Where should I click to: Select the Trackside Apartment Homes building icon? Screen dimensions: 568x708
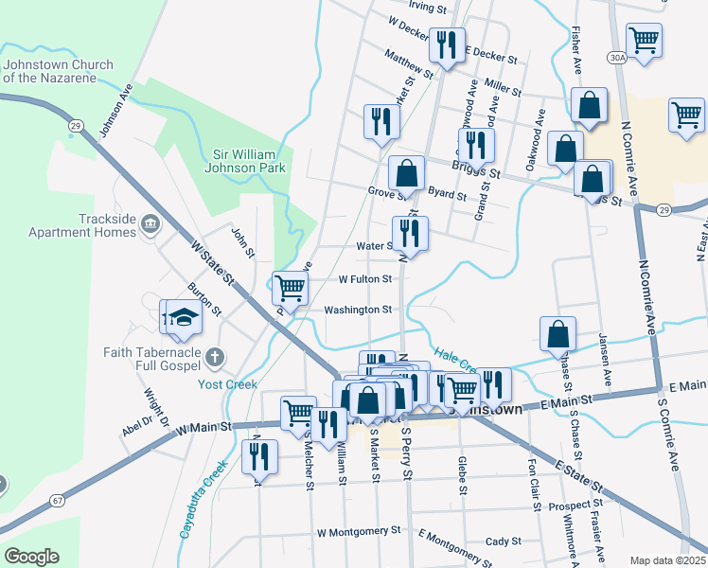point(150,224)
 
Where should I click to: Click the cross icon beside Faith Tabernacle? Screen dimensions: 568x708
point(215,357)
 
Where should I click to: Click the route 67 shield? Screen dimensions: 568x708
point(58,499)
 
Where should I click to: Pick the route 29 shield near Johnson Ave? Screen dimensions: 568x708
point(75,124)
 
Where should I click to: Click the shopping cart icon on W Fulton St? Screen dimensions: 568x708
point(290,286)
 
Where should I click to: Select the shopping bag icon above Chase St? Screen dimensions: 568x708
point(558,332)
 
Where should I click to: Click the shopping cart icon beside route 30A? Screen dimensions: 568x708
point(644,40)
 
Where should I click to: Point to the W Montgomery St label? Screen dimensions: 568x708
point(359,532)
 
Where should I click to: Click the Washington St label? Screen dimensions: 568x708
point(358,310)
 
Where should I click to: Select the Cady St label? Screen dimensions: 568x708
point(503,541)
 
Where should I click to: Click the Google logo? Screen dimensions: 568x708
point(31,557)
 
